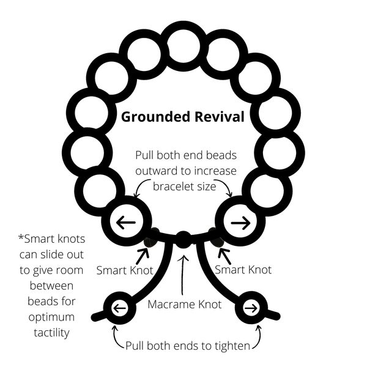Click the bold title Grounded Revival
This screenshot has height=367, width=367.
(x=183, y=117)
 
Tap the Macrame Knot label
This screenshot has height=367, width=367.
(x=185, y=305)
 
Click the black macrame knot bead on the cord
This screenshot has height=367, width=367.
(x=183, y=239)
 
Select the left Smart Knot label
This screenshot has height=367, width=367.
(x=125, y=270)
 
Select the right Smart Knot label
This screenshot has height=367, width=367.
(x=243, y=270)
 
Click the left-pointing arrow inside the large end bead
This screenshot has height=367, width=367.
(x=126, y=222)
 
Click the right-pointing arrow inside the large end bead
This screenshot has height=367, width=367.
(x=240, y=223)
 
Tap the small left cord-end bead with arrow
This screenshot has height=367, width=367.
(x=120, y=308)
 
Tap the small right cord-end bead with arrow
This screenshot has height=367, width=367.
(x=251, y=308)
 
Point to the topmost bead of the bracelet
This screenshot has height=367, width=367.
(x=183, y=46)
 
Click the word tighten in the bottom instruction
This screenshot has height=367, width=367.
(x=232, y=346)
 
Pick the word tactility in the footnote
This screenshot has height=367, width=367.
(x=51, y=333)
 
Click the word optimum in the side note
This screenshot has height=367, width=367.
(x=51, y=317)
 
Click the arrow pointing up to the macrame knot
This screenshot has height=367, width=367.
(x=183, y=275)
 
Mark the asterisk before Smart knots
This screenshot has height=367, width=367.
(x=21, y=237)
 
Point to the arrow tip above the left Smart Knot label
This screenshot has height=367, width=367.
(x=147, y=249)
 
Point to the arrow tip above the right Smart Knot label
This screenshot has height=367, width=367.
(x=220, y=249)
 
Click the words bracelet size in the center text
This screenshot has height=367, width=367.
(x=185, y=187)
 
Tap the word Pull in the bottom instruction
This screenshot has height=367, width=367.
(x=134, y=346)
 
